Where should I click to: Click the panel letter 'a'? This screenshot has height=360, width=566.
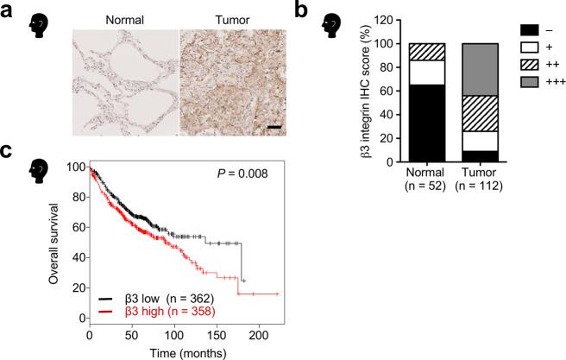(x=8, y=11)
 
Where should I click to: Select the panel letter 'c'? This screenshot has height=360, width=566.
(x=7, y=152)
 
